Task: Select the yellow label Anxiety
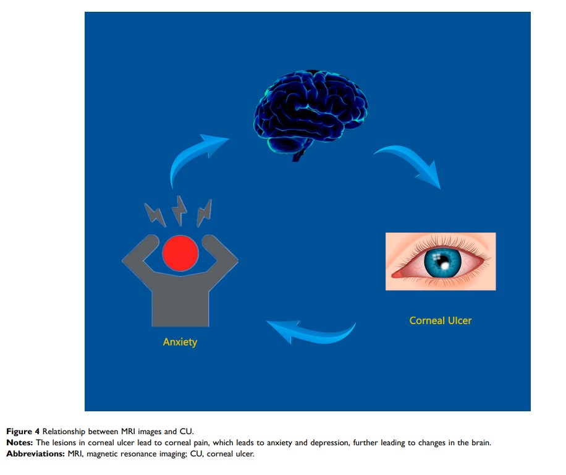point(180,341)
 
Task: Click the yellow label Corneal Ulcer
point(440,320)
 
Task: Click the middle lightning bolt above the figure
point(180,211)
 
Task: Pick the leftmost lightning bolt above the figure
point(154,215)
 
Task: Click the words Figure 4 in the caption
point(23,431)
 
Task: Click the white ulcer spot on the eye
point(444,266)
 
